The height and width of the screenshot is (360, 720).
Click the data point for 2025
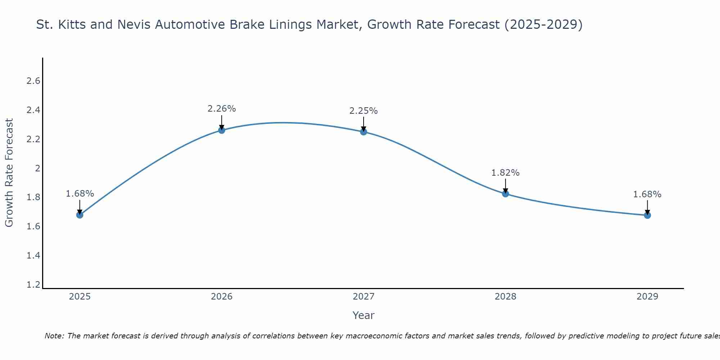pyautogui.click(x=80, y=215)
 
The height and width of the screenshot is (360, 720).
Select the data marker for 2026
pyautogui.click(x=222, y=130)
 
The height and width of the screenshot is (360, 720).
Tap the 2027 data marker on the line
pyautogui.click(x=364, y=132)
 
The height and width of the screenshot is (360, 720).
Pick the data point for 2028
pyautogui.click(x=505, y=194)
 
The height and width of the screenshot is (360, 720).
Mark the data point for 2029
pyautogui.click(x=647, y=215)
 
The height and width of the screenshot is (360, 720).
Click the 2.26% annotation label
pyautogui.click(x=222, y=109)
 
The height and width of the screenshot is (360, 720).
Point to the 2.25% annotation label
pyautogui.click(x=364, y=111)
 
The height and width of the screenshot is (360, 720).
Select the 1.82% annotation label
pyautogui.click(x=505, y=173)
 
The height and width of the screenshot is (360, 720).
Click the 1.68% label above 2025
pyautogui.click(x=80, y=194)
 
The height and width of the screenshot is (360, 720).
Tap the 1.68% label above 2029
pyautogui.click(x=647, y=194)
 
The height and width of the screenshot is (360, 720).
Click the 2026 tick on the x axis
pyautogui.click(x=222, y=297)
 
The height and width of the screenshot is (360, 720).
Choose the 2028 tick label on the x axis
pyautogui.click(x=505, y=297)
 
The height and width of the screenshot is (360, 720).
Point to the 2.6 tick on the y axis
pyautogui.click(x=33, y=81)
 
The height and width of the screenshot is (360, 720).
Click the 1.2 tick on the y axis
pyautogui.click(x=33, y=285)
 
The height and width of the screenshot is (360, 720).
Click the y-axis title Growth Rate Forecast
pyautogui.click(x=9, y=173)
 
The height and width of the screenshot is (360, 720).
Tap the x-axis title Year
pyautogui.click(x=364, y=315)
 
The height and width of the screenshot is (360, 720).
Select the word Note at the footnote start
pyautogui.click(x=54, y=336)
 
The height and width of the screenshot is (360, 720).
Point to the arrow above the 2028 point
pyautogui.click(x=505, y=186)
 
